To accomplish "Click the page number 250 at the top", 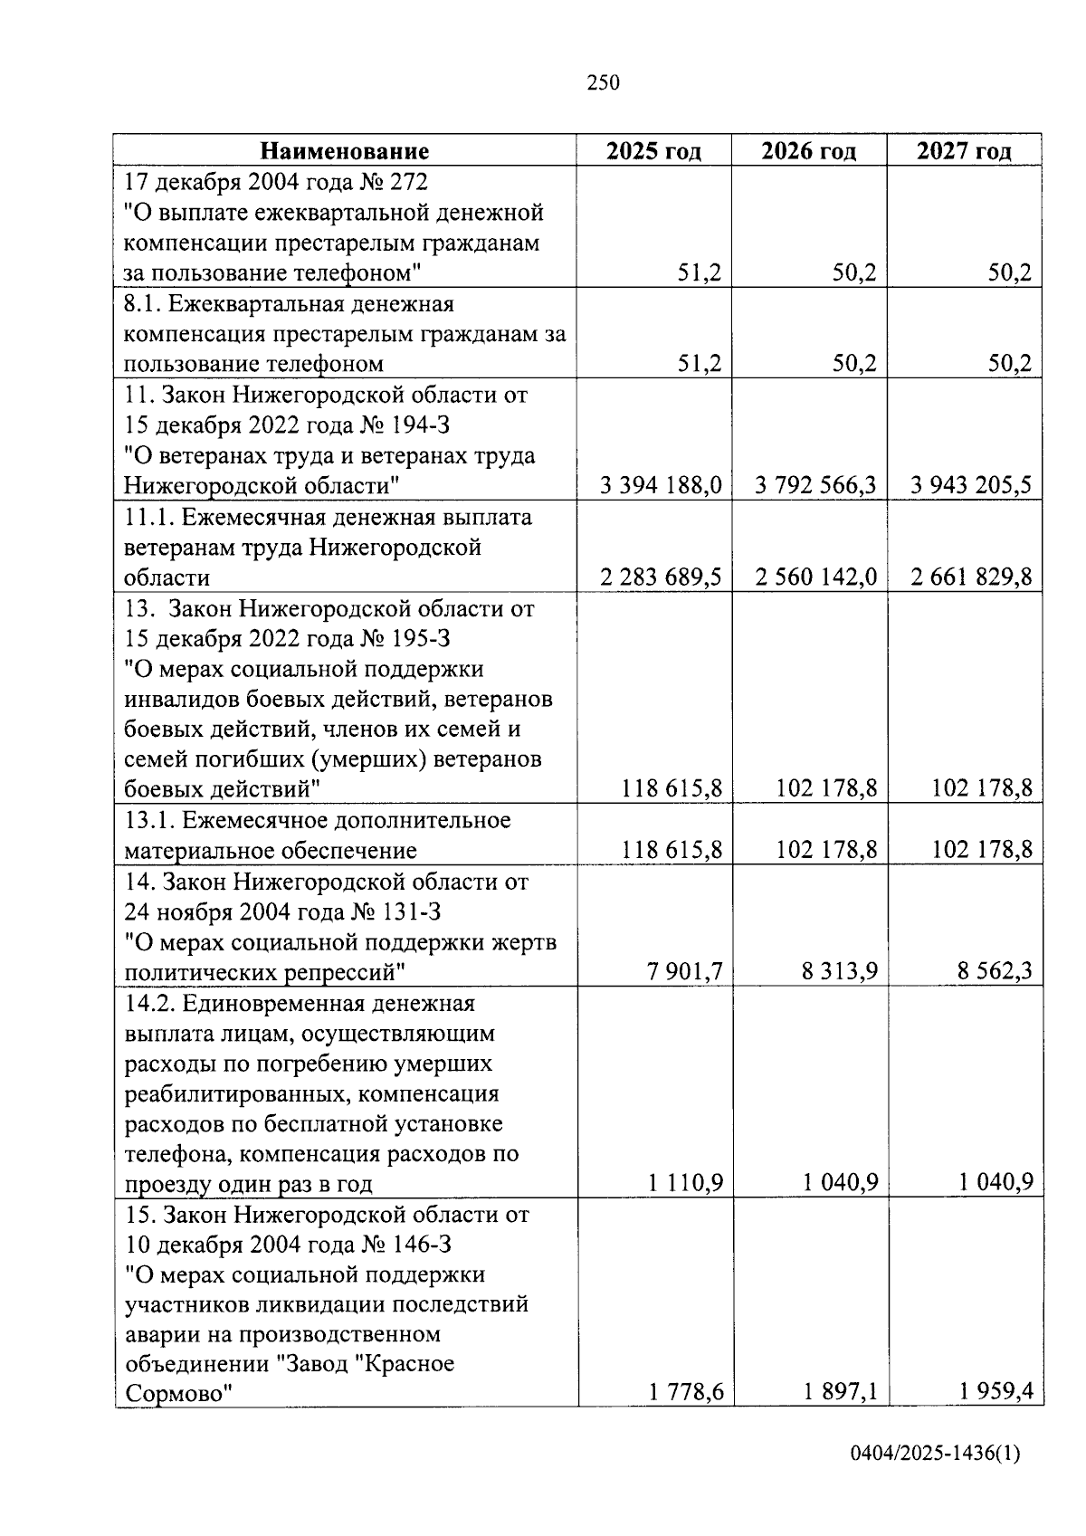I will click(x=603, y=83).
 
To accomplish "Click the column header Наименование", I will click(x=345, y=150).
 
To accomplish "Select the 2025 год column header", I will click(x=653, y=150).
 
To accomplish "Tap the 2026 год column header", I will click(x=808, y=150).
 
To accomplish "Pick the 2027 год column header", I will click(x=964, y=150).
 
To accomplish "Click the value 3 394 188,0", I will click(x=661, y=486).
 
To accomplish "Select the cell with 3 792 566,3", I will click(x=815, y=486).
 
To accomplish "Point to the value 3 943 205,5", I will click(x=971, y=486).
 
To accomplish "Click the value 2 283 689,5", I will click(x=661, y=577).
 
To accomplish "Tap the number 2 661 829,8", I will click(x=971, y=577).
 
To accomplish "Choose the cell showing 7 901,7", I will click(x=685, y=972).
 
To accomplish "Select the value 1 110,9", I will click(x=685, y=1183).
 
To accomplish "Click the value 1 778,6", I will click(x=685, y=1392).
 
